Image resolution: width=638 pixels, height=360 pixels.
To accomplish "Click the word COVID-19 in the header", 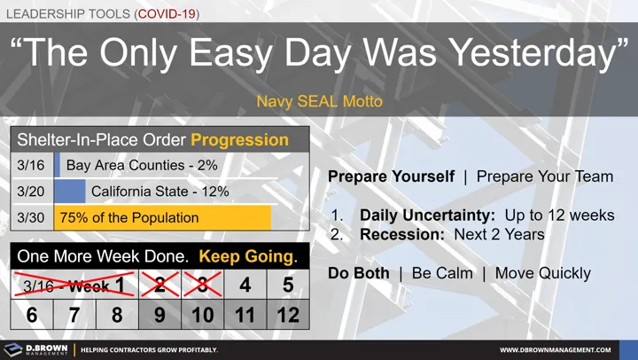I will click(165, 14).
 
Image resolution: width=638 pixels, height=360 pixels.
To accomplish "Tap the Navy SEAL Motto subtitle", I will click(319, 101).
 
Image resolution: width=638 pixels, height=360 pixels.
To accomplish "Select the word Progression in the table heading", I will click(239, 140).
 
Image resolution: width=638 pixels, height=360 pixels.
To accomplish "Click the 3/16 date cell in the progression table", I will click(31, 165).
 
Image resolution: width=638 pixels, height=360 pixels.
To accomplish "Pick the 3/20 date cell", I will click(31, 192).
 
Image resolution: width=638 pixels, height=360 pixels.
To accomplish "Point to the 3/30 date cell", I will click(31, 217).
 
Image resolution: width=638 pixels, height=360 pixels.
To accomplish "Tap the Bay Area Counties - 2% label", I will click(142, 165).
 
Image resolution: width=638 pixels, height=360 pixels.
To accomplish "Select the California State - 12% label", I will click(159, 192).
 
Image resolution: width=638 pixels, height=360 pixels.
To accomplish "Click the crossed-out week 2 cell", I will click(160, 285).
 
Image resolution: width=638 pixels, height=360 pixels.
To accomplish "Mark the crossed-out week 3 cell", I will click(203, 285).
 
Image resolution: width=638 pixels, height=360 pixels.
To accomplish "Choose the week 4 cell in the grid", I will click(245, 285).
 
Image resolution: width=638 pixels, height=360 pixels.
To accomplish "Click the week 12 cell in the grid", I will click(288, 314).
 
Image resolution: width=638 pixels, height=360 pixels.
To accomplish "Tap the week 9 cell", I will click(160, 314).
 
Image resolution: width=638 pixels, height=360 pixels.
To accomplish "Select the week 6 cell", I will click(32, 314).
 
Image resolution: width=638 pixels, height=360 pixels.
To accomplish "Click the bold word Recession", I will click(401, 235).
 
